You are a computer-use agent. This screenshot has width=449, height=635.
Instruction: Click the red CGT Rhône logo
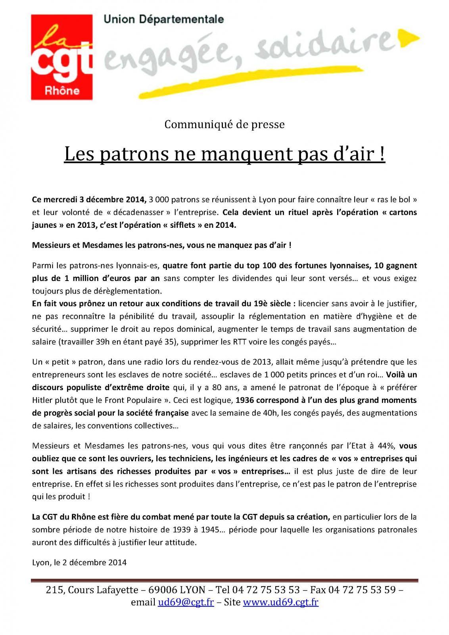pyautogui.click(x=61, y=57)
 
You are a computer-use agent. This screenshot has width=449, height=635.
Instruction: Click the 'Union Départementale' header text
pyautogui.click(x=163, y=19)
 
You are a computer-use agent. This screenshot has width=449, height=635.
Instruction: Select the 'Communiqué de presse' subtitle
pyautogui.click(x=224, y=125)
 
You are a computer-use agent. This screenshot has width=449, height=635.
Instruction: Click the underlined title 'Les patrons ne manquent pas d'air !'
pyautogui.click(x=224, y=154)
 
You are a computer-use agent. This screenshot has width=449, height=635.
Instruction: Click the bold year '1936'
pyautogui.click(x=246, y=400)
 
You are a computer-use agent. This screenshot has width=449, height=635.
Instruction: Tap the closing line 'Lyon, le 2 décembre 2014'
pyautogui.click(x=79, y=562)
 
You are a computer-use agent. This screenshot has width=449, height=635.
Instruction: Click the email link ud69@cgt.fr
pyautogui.click(x=186, y=602)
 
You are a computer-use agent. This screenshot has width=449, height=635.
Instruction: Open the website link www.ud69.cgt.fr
pyautogui.click(x=280, y=602)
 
